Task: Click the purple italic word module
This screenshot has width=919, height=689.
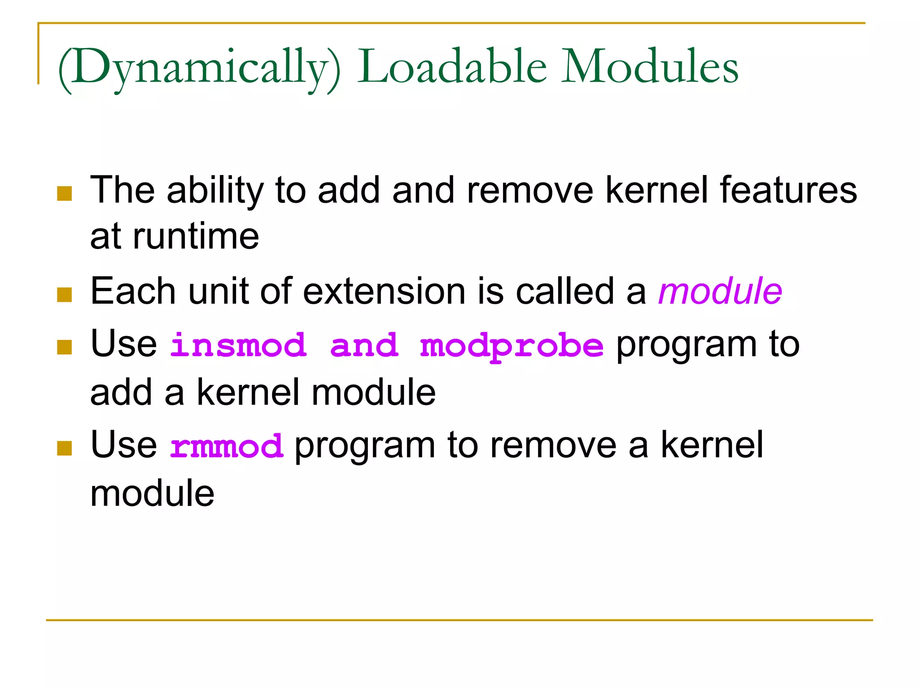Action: [x=720, y=292]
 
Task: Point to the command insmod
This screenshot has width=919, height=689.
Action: [x=238, y=346]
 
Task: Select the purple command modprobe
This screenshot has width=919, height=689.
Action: [x=512, y=347]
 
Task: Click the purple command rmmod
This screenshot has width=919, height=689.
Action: [x=227, y=447]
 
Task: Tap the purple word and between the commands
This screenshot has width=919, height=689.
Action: [x=364, y=346]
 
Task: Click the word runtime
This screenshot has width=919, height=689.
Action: [x=196, y=236]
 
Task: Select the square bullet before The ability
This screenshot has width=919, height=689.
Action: [x=65, y=194]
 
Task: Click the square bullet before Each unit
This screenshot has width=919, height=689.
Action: [x=65, y=295]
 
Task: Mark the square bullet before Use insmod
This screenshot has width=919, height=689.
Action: [x=65, y=347]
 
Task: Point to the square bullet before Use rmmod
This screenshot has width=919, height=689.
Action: [x=65, y=448]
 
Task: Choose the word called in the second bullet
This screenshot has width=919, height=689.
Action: [x=565, y=292]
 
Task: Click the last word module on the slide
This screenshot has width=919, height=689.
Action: [x=152, y=493]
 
